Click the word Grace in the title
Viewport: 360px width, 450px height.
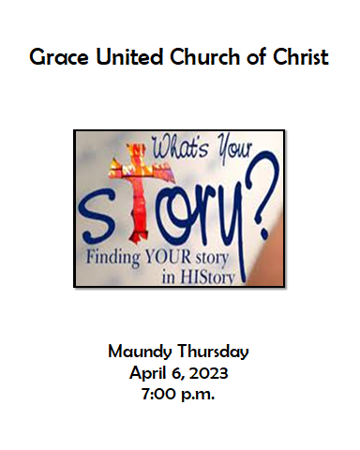54,57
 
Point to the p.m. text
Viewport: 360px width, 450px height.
199,394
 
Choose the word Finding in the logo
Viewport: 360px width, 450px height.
114,255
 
